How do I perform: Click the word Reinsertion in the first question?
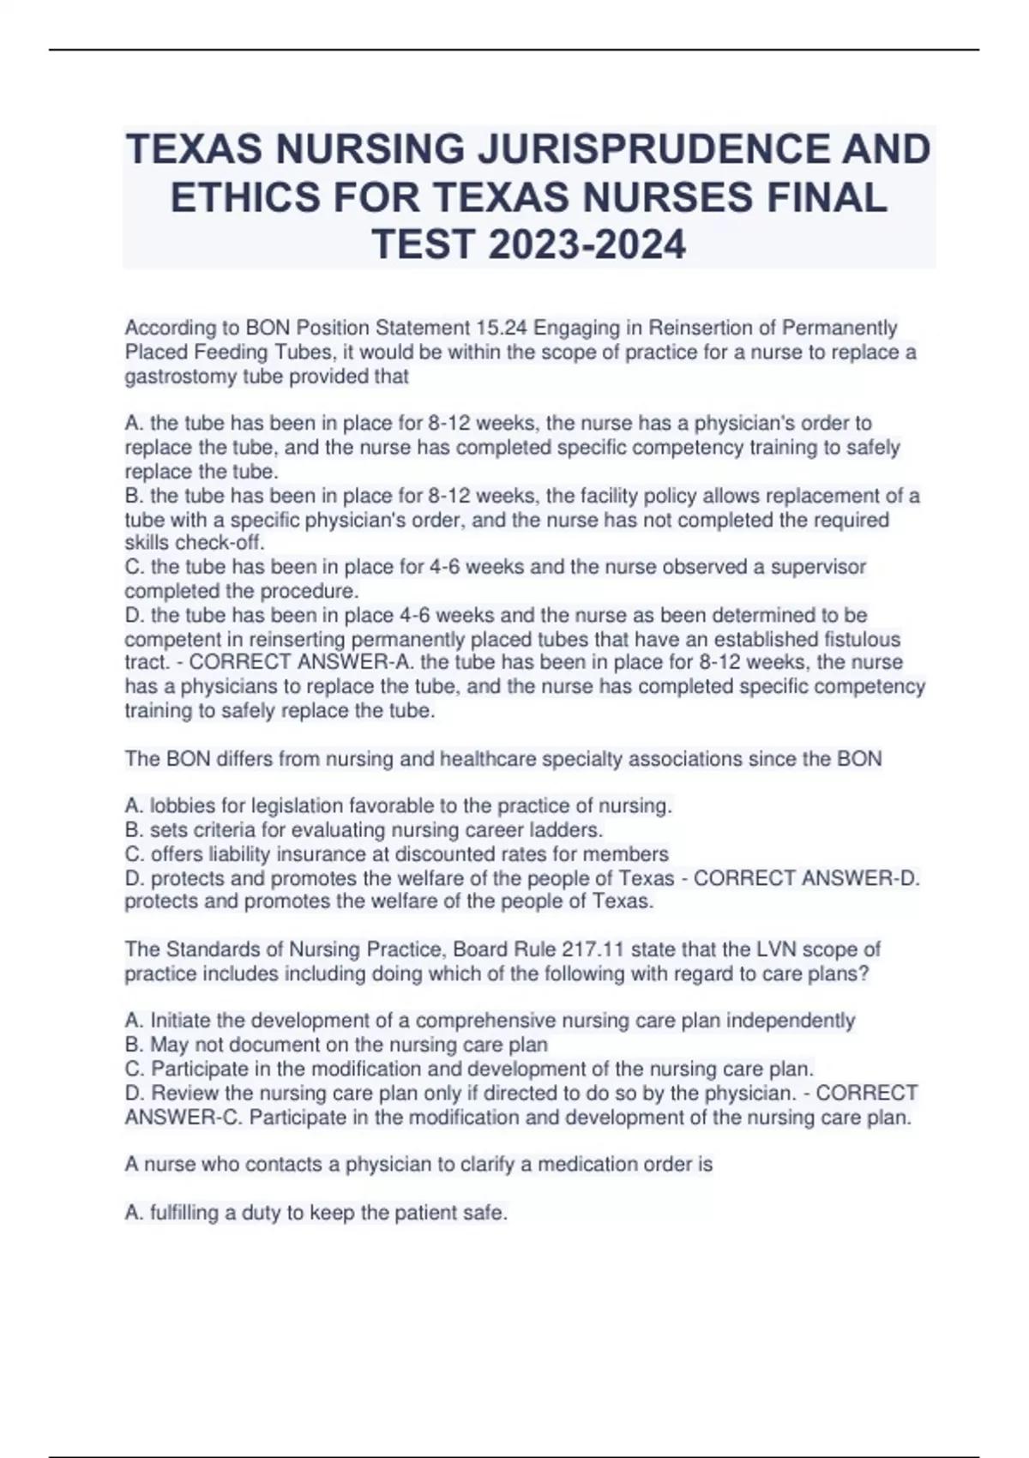701,328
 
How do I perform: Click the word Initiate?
180,1021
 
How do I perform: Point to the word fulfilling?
184,1213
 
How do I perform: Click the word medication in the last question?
588,1164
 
